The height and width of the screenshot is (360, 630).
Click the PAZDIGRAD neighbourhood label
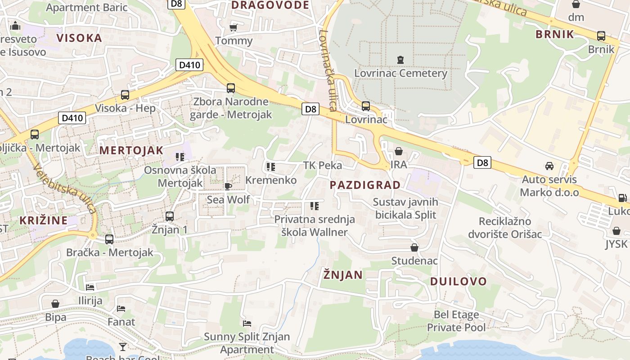click(365, 185)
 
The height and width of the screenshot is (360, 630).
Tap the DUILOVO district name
click(458, 282)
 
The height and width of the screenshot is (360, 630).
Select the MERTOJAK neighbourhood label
click(131, 150)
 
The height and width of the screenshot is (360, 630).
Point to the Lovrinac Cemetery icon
click(400, 59)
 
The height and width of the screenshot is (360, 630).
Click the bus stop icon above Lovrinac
click(366, 106)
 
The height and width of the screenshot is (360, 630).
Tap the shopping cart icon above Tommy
click(233, 27)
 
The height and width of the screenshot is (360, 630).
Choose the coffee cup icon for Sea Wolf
click(228, 186)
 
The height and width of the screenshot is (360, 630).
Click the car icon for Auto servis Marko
click(549, 166)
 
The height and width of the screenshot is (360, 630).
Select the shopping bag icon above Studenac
click(414, 247)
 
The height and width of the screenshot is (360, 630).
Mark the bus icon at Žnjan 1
click(170, 216)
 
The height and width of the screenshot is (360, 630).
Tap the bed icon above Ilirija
click(90, 287)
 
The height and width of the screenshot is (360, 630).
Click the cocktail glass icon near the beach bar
click(122, 346)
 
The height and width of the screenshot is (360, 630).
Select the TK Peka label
click(322, 165)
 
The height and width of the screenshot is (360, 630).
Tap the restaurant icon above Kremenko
click(270, 167)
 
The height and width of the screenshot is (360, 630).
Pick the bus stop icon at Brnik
click(601, 36)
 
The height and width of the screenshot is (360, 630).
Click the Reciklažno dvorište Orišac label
click(505, 228)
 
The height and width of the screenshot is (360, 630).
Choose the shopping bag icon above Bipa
click(55, 304)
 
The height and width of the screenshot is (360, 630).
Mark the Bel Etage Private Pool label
click(456, 321)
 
